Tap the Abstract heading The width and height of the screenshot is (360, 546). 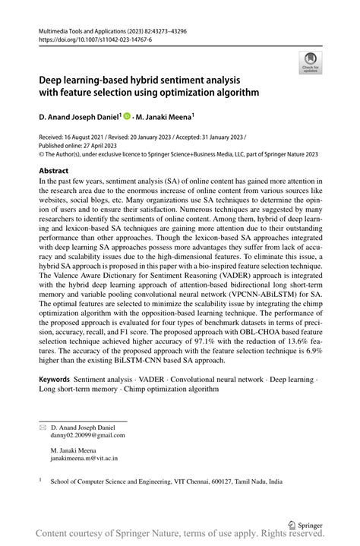tap(58, 172)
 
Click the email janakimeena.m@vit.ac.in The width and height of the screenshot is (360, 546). tap(84, 459)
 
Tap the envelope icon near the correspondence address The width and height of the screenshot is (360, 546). tap(43, 428)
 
